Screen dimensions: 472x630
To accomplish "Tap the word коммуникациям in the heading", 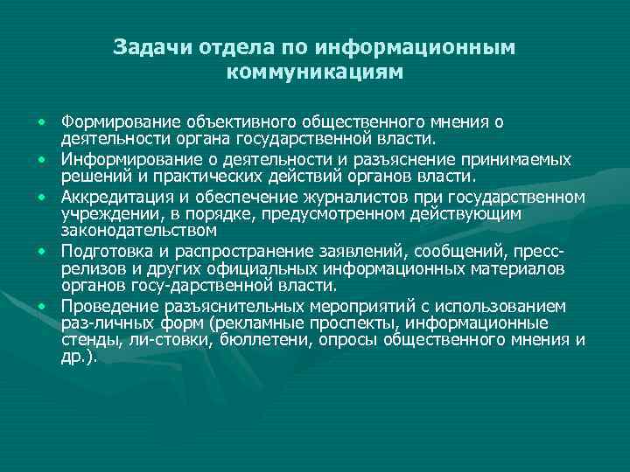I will pos(314,73).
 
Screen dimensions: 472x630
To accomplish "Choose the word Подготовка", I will pos(103,252).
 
